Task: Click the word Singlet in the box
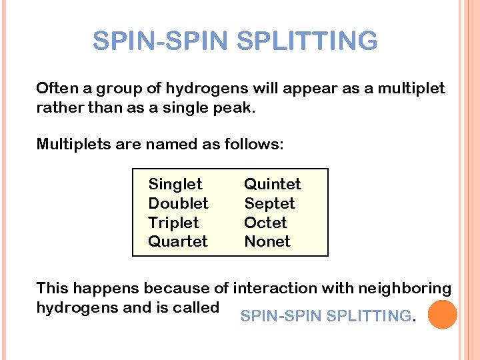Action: click(175, 184)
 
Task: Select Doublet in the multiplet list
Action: click(178, 203)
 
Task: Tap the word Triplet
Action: click(173, 223)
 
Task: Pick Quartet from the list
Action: click(178, 241)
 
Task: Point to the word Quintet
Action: click(272, 184)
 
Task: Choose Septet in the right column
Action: click(269, 203)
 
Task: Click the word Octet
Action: click(265, 223)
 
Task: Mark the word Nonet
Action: click(267, 241)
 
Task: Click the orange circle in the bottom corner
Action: click(442, 315)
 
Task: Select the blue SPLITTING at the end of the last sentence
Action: click(369, 317)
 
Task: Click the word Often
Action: click(57, 89)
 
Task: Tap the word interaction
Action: click(271, 289)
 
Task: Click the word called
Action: click(197, 307)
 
